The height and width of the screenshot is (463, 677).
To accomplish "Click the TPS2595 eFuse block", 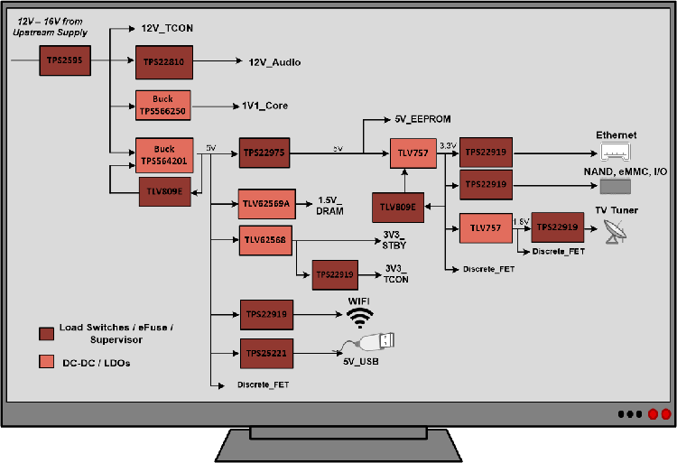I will (63, 61).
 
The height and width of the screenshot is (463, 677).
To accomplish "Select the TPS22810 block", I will (164, 61).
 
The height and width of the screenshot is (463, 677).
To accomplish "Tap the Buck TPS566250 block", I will (164, 106).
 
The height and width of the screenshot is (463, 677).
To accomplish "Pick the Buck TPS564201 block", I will (164, 154).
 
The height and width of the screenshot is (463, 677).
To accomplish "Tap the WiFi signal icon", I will (360, 317).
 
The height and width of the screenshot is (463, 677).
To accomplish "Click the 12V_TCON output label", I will (167, 29).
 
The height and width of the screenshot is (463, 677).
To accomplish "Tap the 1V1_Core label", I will (264, 106).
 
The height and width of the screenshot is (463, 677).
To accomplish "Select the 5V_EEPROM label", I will (422, 119).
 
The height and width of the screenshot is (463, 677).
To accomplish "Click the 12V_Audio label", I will (274, 62).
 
